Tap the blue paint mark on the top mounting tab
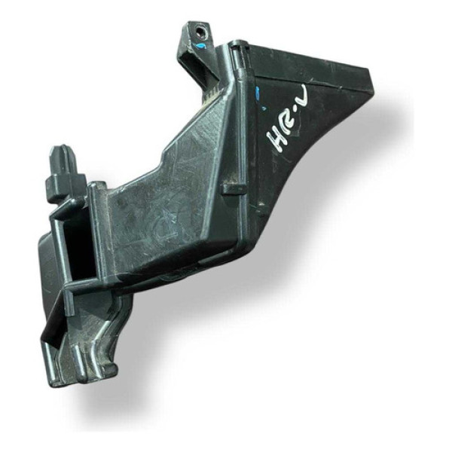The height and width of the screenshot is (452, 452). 202,47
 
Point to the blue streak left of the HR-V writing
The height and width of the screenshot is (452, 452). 257,93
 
